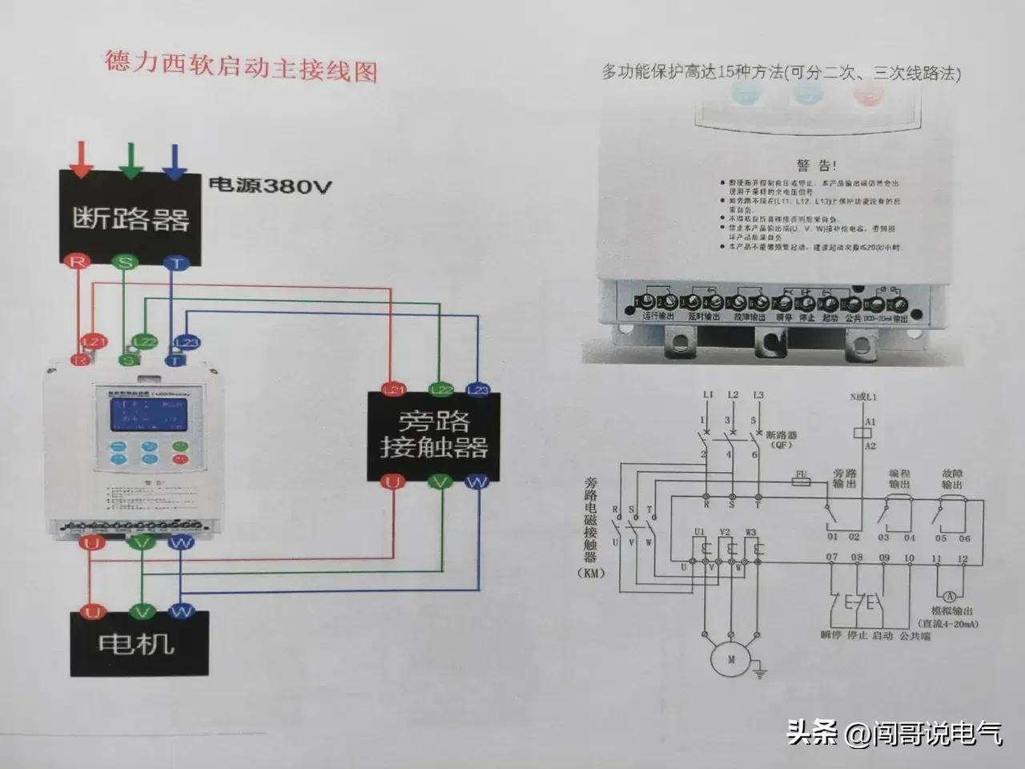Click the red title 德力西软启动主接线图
[240, 67]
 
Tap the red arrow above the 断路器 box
[80, 159]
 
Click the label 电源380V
[270, 187]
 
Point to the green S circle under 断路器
[125, 262]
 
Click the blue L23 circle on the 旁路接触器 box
[477, 389]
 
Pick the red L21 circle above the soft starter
[94, 342]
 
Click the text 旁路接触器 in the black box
[433, 434]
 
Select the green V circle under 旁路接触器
[440, 481]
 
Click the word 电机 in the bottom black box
[136, 643]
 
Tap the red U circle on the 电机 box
[94, 613]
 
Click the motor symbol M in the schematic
[730, 660]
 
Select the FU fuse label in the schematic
[799, 475]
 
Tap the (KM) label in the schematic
[591, 574]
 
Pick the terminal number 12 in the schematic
[963, 558]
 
